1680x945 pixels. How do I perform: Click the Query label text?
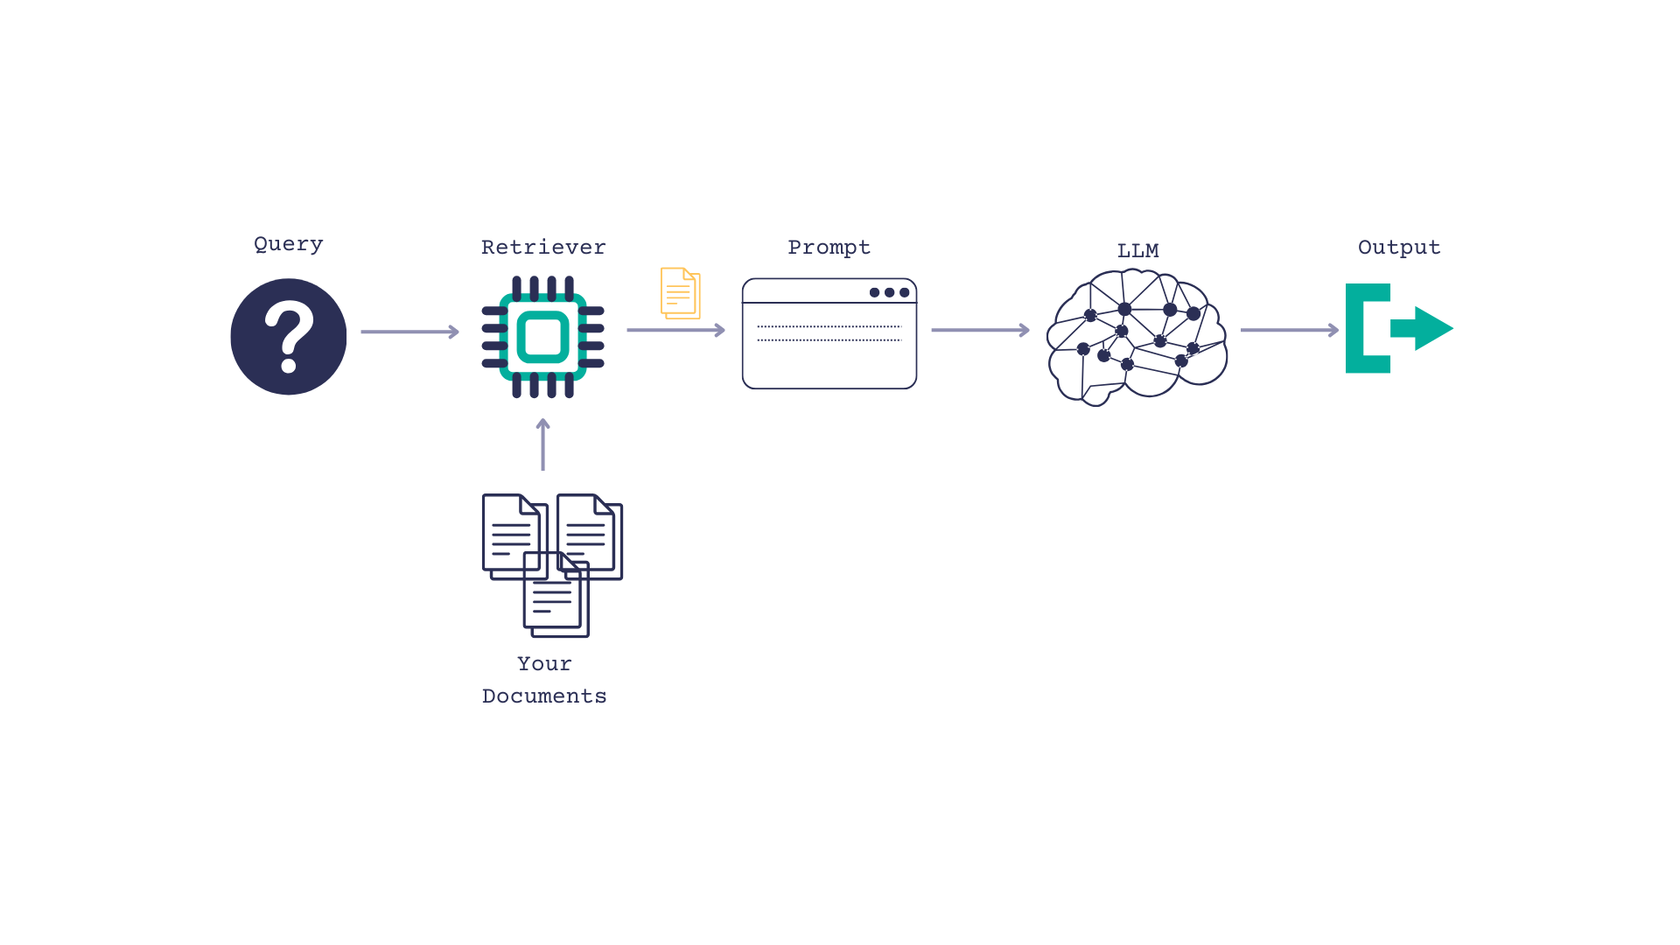(x=288, y=244)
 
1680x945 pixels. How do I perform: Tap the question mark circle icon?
(x=288, y=337)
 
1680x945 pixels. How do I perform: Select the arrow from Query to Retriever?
(x=409, y=332)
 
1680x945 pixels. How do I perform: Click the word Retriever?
(x=542, y=248)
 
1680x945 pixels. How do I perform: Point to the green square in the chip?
(x=542, y=337)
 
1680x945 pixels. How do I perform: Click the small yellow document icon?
(x=680, y=293)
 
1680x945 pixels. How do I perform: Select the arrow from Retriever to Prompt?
(x=675, y=330)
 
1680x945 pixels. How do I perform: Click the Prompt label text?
(x=829, y=248)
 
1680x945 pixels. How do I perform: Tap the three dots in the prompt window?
(x=889, y=292)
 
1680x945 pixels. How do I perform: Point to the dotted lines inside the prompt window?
(x=829, y=333)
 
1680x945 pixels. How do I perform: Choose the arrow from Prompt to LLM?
(x=980, y=330)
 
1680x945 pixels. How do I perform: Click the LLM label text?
(x=1137, y=251)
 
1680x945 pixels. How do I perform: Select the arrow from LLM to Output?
(x=1289, y=330)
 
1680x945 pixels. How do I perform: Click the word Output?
(x=1398, y=248)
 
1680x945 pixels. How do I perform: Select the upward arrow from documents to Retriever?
(x=542, y=444)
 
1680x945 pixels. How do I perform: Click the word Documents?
(x=543, y=696)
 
